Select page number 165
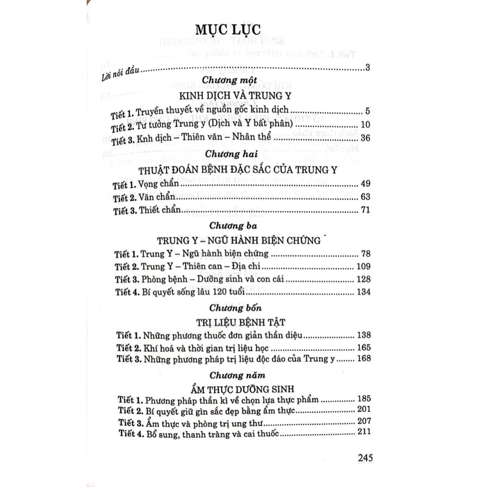362,348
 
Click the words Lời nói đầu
120,74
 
